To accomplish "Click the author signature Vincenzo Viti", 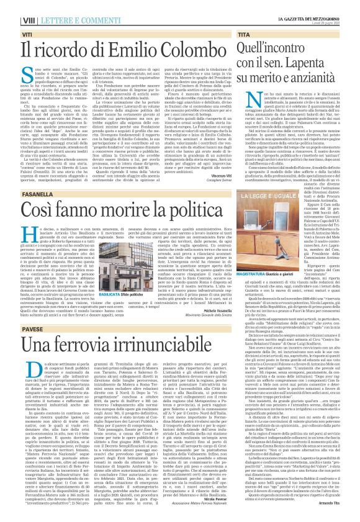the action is click(216, 176).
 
